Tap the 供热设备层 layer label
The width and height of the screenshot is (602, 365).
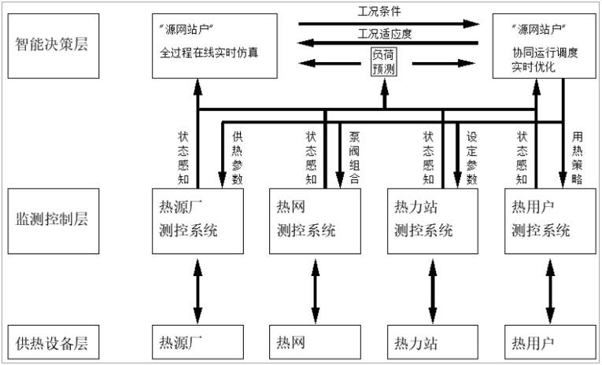click(50, 343)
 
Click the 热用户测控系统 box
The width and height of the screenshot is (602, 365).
click(547, 220)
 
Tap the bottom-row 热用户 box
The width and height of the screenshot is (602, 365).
click(547, 343)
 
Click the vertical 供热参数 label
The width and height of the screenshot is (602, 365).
click(237, 157)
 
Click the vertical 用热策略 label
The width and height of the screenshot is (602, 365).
click(577, 157)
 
